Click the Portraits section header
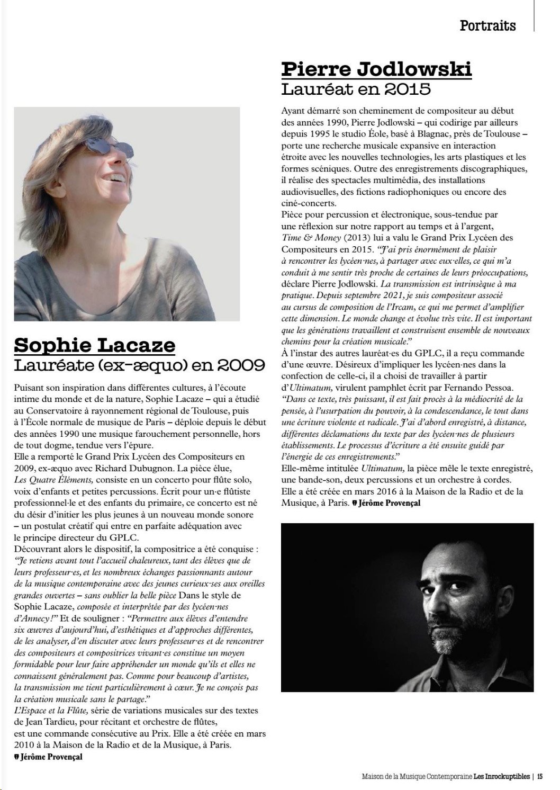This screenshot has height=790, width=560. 487,25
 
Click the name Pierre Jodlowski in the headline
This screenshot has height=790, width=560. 376,69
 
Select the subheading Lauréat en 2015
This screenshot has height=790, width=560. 356,88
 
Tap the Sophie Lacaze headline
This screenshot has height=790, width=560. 94,345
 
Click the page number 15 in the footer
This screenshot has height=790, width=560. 540,777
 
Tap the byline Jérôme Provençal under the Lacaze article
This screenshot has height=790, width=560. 51,757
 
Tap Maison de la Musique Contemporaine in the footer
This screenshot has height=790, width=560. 417,777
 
